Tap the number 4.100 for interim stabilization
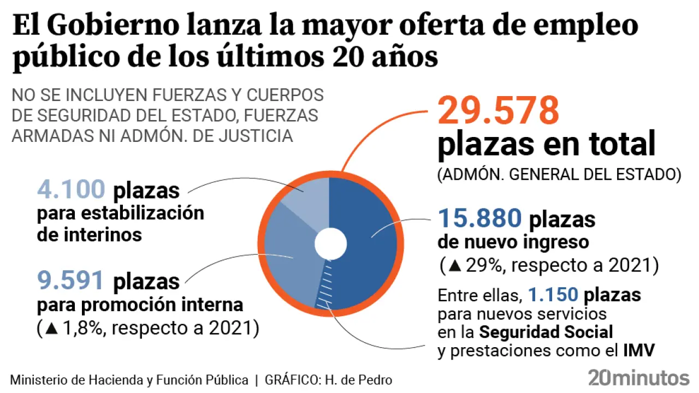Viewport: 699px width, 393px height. pyautogui.click(x=70, y=190)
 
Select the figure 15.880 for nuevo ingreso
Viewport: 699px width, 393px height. pyautogui.click(x=480, y=219)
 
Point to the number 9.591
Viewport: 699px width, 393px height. pyautogui.click(x=70, y=281)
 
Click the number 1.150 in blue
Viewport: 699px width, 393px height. pyautogui.click(x=553, y=295)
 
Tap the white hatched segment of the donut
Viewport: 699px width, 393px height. pyautogui.click(x=326, y=284)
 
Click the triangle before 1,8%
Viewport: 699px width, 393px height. pyautogui.click(x=52, y=329)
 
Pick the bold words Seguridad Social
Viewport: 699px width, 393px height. pyautogui.click(x=546, y=332)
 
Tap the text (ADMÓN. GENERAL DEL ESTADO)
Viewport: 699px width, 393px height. pyautogui.click(x=559, y=175)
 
